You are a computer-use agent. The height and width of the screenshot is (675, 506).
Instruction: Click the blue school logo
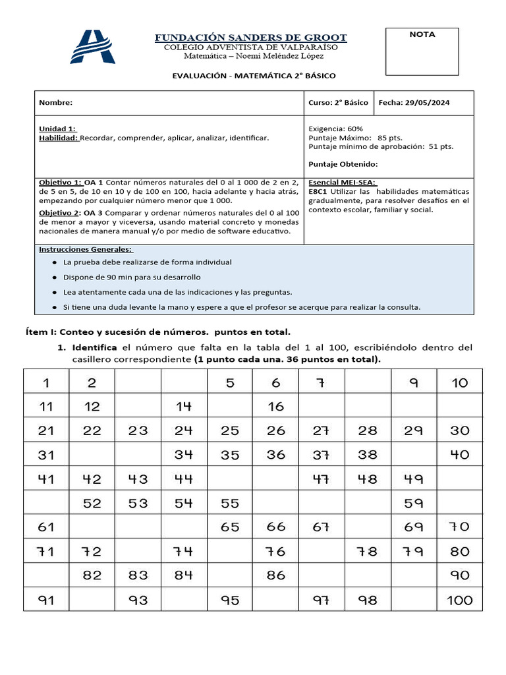tap(93, 47)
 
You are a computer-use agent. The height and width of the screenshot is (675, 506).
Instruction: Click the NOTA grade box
tap(422, 52)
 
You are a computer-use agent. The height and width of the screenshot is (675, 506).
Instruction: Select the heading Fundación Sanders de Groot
tap(250, 37)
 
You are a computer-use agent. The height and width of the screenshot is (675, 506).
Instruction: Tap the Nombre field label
tap(55, 103)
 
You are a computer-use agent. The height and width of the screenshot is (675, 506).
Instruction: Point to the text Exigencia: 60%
tap(335, 128)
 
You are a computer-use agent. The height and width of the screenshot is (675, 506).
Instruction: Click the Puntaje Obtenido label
tap(343, 164)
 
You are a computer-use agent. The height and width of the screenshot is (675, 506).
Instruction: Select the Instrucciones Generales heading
tap(86, 250)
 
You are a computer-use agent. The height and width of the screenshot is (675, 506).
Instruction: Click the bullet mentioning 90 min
tap(132, 277)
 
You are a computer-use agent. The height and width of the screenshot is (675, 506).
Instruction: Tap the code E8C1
tap(318, 191)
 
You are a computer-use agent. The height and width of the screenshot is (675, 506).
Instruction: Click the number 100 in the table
tap(459, 600)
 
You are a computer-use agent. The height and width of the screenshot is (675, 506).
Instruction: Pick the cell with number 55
tap(230, 503)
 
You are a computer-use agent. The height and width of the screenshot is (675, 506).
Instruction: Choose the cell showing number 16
tap(275, 406)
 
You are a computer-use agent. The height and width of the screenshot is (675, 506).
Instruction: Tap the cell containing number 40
tap(459, 454)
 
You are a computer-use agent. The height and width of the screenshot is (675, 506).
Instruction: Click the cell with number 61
tap(46, 527)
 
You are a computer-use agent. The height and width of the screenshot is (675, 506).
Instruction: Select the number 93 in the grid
tap(138, 600)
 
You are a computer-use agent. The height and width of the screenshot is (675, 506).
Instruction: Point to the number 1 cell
tap(46, 382)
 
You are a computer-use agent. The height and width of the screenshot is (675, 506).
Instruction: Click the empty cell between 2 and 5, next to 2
tap(138, 382)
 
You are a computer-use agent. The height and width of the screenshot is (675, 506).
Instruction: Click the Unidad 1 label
tap(57, 128)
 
